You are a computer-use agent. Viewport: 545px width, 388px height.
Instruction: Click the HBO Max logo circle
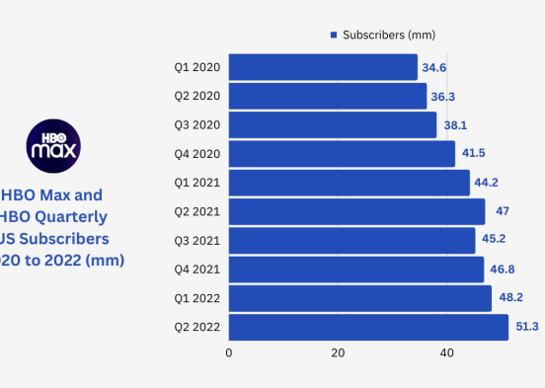tap(53, 145)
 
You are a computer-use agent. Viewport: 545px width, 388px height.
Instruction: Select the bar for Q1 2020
tap(323, 67)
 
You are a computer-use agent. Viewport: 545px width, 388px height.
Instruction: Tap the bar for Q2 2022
tap(368, 327)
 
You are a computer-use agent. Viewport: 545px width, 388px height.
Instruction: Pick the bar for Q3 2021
tap(351, 240)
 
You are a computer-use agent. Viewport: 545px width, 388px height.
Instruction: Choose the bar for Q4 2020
tap(342, 154)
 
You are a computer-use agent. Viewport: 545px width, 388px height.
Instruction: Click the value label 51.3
tap(523, 327)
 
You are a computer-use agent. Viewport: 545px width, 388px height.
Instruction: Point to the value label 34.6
tap(432, 67)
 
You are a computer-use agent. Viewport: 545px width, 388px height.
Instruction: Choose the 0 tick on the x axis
tap(229, 352)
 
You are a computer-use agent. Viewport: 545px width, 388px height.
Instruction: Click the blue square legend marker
tap(334, 35)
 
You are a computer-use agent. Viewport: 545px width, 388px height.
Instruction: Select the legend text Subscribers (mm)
tap(389, 35)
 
